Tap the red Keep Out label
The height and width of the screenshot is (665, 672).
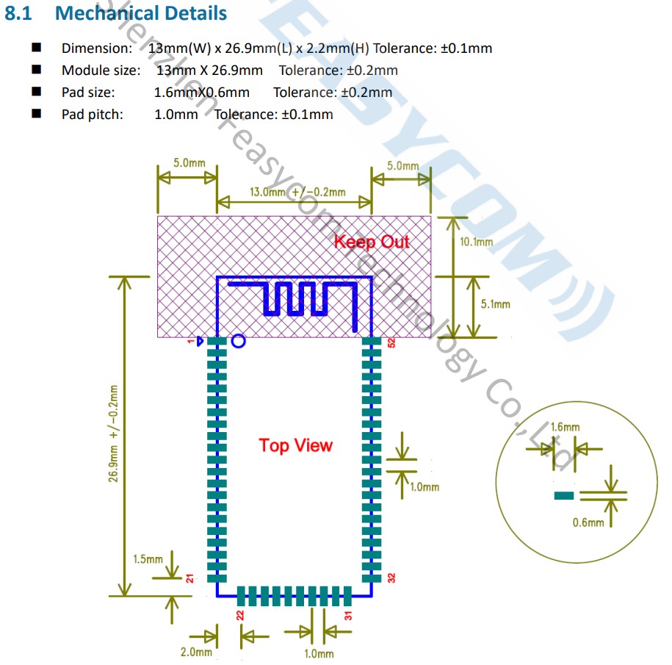[372, 241]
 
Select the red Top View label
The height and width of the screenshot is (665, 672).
[295, 445]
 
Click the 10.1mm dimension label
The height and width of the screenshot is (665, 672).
[476, 241]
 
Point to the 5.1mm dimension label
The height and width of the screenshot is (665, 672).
[494, 303]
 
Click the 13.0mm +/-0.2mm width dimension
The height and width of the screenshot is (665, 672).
[297, 192]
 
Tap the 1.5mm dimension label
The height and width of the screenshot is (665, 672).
[148, 559]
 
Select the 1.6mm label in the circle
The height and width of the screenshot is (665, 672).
[564, 427]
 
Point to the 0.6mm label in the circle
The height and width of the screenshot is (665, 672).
[588, 522]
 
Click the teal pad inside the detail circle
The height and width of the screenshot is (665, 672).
[563, 496]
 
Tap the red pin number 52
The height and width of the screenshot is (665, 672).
[391, 342]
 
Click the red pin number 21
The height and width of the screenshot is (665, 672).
[189, 578]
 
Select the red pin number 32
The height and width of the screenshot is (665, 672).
[391, 578]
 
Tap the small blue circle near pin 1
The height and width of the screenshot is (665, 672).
[238, 341]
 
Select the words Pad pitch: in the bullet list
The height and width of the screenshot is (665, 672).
[93, 114]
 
